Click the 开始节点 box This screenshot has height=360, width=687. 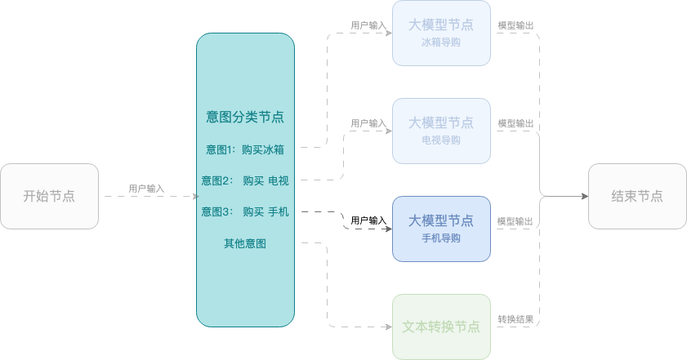point(49,196)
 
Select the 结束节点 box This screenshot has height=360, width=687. point(637,196)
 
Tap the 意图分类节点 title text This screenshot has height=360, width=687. point(245,117)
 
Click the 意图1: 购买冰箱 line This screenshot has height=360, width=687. point(245,149)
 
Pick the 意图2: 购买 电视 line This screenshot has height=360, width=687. point(245,180)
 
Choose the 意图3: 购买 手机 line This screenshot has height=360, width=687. point(245,212)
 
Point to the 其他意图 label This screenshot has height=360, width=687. point(245,243)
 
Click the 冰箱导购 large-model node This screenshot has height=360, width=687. point(441,33)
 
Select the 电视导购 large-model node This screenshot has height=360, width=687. point(441,131)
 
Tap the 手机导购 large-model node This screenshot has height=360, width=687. point(441,229)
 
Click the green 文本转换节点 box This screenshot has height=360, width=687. point(441,327)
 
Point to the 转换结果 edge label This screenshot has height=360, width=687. point(515,319)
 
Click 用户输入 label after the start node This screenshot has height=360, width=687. point(146,189)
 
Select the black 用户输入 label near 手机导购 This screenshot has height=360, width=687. point(368,220)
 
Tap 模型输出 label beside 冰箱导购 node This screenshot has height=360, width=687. point(515,25)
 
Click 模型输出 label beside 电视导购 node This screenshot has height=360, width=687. point(515,123)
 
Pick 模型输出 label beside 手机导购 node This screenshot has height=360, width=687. point(515,221)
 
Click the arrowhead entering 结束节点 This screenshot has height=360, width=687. point(585,196)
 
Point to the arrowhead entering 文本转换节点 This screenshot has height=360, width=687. point(389,327)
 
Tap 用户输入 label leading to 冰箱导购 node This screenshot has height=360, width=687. point(368,25)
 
